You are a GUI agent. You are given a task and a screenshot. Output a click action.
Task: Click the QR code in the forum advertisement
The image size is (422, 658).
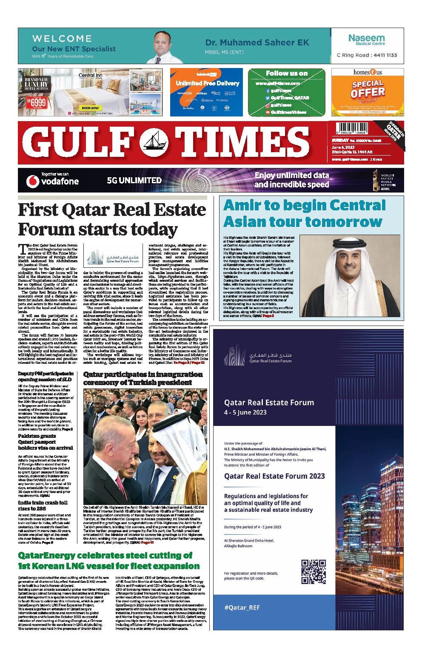coord(313,572)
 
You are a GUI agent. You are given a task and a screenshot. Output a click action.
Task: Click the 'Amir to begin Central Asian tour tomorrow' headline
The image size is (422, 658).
coord(305,213)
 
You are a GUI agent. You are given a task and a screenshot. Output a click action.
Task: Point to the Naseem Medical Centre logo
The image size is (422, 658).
coord(366,40)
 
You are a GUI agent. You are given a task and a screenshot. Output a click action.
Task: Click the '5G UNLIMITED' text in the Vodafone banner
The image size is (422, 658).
coord(134,180)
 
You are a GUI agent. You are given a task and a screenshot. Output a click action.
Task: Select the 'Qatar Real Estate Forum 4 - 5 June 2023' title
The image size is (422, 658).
coord(268,406)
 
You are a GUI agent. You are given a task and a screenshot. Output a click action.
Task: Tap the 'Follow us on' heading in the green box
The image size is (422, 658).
coord(286,73)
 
